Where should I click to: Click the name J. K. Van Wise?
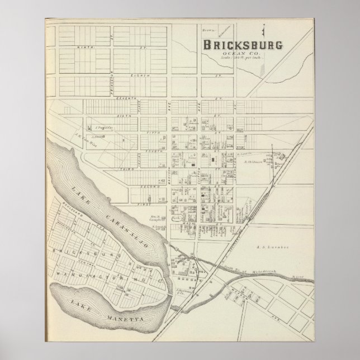[x=74, y=145]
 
